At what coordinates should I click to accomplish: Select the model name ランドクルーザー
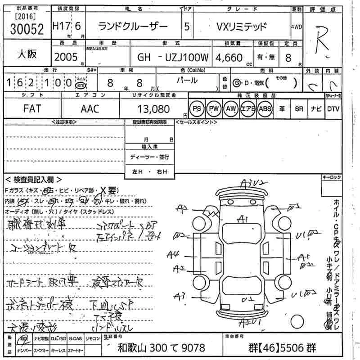[133, 27]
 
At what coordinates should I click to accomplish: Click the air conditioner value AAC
[90, 108]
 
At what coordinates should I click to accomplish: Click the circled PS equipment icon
[197, 108]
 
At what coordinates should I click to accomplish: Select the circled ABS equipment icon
[265, 108]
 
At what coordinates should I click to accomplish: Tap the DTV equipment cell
[333, 108]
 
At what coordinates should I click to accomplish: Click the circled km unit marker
[80, 85]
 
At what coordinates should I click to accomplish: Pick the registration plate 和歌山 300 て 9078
[161, 348]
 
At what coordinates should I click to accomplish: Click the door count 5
[187, 27]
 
